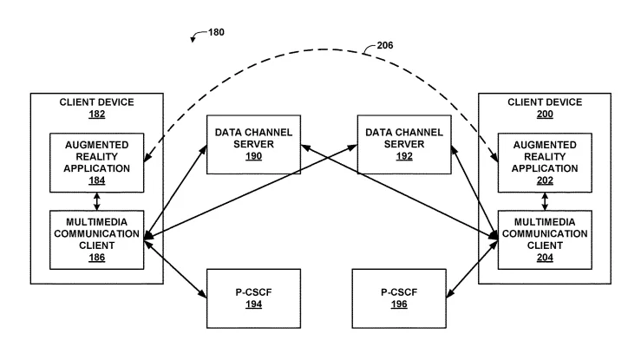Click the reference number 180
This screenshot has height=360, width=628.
[216, 32]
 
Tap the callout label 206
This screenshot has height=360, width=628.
[385, 45]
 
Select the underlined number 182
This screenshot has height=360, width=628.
[97, 115]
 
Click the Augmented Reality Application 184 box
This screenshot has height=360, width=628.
[97, 162]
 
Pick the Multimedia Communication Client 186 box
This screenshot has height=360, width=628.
[97, 240]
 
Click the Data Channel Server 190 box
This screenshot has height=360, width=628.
[253, 145]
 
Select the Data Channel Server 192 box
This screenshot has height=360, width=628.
[404, 145]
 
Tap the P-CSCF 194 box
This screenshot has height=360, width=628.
[253, 298]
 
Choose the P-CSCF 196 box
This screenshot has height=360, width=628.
[399, 298]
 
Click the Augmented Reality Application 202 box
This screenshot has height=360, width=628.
[545, 162]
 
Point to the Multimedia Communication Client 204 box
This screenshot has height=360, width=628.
[545, 240]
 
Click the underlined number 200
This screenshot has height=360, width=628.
[545, 115]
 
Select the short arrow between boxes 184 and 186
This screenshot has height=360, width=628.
[96, 201]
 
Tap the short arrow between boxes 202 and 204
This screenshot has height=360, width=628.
[545, 201]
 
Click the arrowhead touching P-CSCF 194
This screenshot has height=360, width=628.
[203, 293]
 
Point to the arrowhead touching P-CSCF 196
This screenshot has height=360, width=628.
[450, 293]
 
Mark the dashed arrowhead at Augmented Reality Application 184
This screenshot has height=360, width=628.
[147, 158]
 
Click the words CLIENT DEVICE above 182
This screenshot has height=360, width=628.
[97, 102]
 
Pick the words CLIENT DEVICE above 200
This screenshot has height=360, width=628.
[545, 102]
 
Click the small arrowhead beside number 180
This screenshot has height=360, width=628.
[193, 39]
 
